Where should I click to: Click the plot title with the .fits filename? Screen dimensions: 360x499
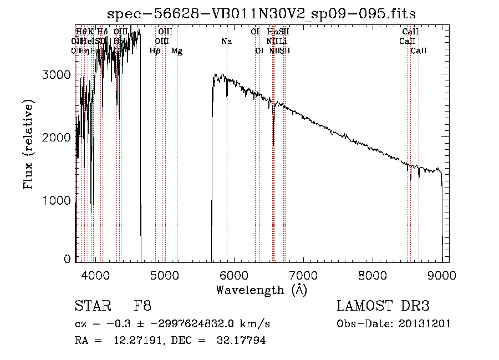coord(261,13)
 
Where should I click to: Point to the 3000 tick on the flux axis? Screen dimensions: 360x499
coord(57,75)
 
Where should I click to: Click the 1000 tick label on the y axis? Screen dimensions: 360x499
coord(57,200)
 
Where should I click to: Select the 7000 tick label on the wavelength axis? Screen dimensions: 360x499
coord(303,275)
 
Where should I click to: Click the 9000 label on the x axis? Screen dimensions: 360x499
coord(442,275)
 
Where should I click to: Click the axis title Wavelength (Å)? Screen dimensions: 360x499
coord(261,290)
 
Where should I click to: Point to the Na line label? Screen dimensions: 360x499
coord(226,42)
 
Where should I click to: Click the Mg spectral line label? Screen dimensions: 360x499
coord(176,51)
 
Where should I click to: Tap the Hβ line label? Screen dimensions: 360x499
coord(155,51)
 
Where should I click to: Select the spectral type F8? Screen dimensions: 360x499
coord(142,306)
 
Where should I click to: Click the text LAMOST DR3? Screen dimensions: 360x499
coord(383,306)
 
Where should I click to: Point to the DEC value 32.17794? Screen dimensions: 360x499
coord(241,341)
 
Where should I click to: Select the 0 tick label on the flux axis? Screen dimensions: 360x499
coord(68,259)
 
